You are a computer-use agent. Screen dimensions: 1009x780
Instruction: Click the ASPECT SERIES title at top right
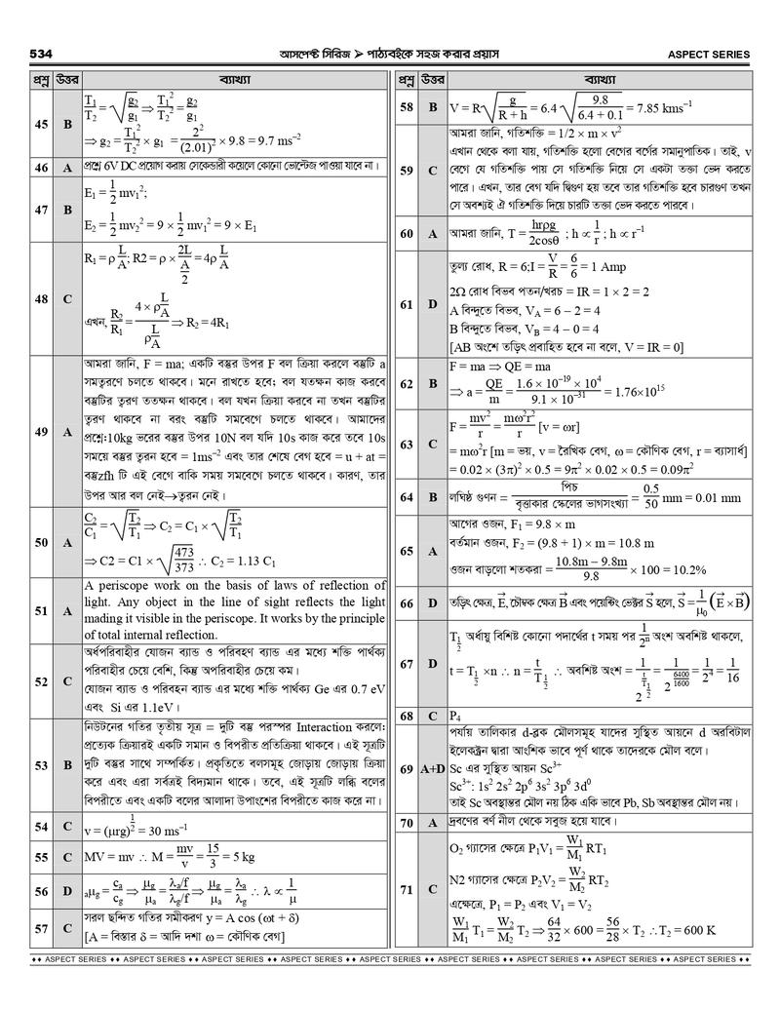708,54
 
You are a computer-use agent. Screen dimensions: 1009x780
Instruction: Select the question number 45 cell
41,124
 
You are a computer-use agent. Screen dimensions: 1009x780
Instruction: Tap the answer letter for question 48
67,298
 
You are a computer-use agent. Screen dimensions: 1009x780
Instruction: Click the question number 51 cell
41,610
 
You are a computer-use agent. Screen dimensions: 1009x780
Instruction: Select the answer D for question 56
67,891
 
